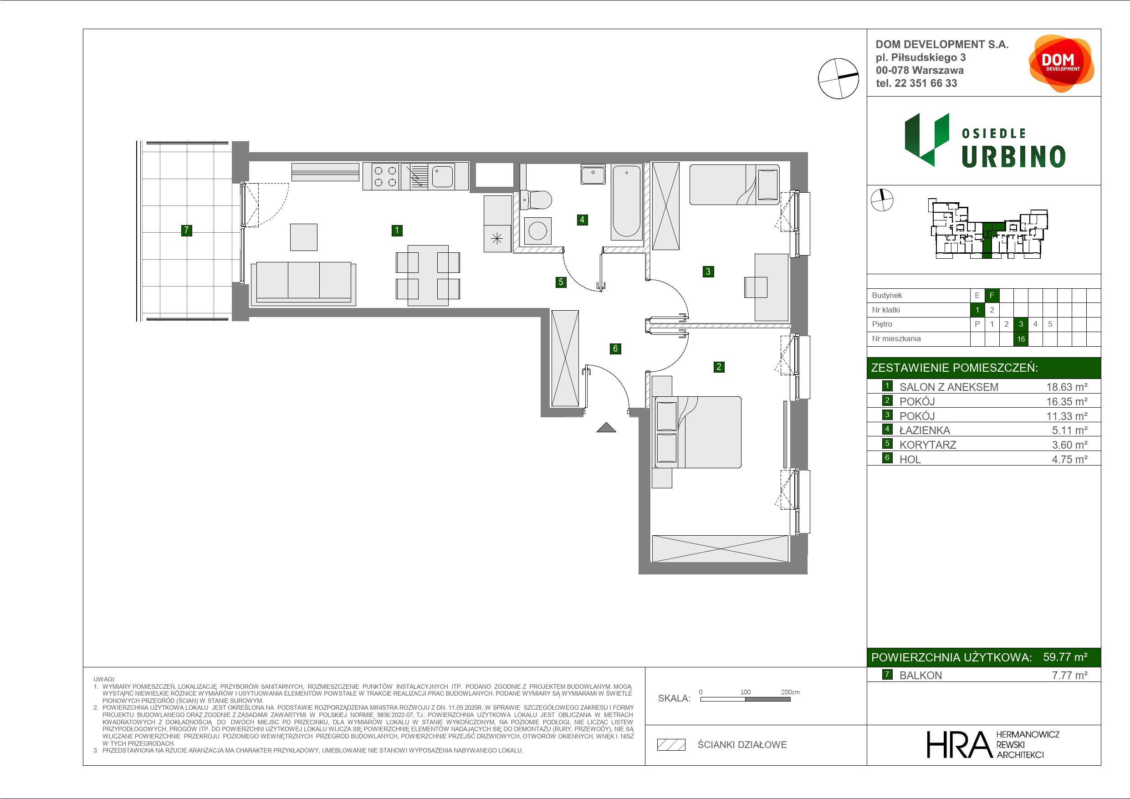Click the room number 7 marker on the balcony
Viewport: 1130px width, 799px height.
pyautogui.click(x=186, y=230)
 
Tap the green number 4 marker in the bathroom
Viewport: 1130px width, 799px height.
pyautogui.click(x=582, y=220)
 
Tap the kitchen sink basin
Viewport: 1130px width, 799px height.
pyautogui.click(x=442, y=176)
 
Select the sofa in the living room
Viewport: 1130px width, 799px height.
pyautogui.click(x=304, y=283)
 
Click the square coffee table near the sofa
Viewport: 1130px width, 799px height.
pyautogui.click(x=304, y=237)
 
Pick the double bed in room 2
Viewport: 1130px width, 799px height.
pyautogui.click(x=697, y=432)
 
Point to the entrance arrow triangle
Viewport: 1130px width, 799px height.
pyautogui.click(x=606, y=427)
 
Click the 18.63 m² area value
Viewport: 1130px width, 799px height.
pyautogui.click(x=1067, y=387)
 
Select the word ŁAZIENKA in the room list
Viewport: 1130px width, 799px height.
pyautogui.click(x=925, y=430)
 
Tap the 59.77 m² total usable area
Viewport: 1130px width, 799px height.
pyautogui.click(x=1065, y=657)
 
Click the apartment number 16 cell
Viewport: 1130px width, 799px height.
pyautogui.click(x=1021, y=339)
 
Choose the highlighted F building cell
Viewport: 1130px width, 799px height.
pyautogui.click(x=992, y=295)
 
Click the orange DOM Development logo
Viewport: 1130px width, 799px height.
pyautogui.click(x=1061, y=63)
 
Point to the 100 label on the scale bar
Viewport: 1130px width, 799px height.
pyautogui.click(x=746, y=691)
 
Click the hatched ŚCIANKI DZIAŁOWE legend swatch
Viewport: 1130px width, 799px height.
pyautogui.click(x=671, y=745)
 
